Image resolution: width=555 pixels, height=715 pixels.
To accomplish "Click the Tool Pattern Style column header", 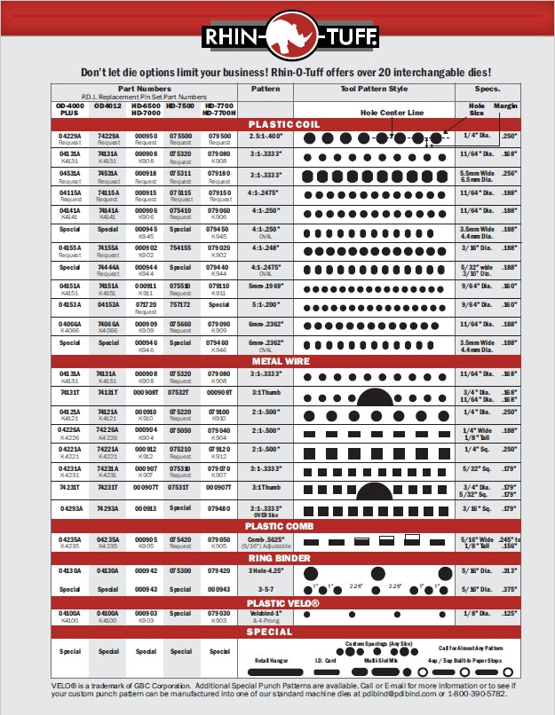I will pyautogui.click(x=374, y=90).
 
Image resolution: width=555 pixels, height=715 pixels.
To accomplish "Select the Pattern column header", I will pyautogui.click(x=266, y=90).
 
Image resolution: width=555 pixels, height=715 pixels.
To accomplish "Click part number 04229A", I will pyautogui.click(x=69, y=136).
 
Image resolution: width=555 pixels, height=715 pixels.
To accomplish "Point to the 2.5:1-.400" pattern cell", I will pyautogui.click(x=266, y=137).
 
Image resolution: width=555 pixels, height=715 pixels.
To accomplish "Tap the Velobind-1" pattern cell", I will pyautogui.click(x=266, y=611).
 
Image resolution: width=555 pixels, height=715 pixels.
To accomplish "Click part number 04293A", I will pyautogui.click(x=69, y=508).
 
